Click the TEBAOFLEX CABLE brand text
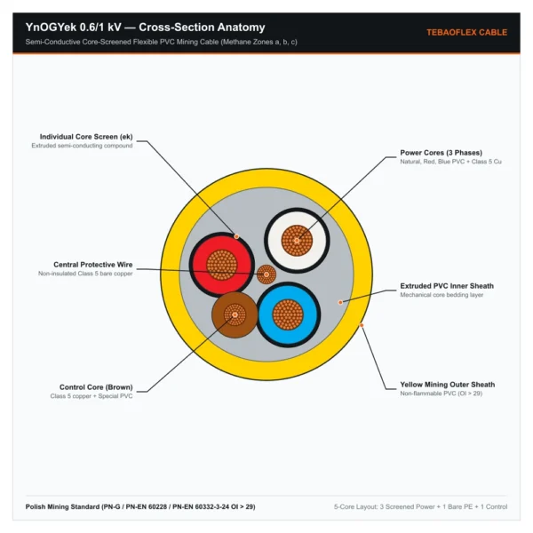pyautogui.click(x=466, y=32)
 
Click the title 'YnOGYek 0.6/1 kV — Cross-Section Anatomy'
pyautogui.click(x=145, y=28)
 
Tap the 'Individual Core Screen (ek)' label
pyautogui.click(x=86, y=137)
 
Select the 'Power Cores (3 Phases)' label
pyautogui.click(x=441, y=153)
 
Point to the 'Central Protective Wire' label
pyautogui.click(x=92, y=265)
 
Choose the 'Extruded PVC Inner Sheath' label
pyautogui.click(x=447, y=286)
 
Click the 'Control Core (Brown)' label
pyautogui.click(x=96, y=387)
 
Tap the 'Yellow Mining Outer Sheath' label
pyautogui.click(x=448, y=385)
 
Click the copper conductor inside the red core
pyautogui.click(x=221, y=265)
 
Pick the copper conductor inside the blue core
pyautogui.click(x=288, y=314)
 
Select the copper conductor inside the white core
pyautogui.click(x=297, y=241)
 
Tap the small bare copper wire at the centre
pyautogui.click(x=266, y=274)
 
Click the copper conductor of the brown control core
pyautogui.click(x=235, y=314)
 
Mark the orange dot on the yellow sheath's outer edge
pyautogui.click(x=362, y=325)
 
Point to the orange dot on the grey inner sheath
pyautogui.click(x=340, y=302)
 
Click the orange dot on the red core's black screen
pyautogui.click(x=236, y=236)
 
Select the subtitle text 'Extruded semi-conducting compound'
pyautogui.click(x=82, y=146)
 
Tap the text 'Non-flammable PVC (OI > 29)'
pyautogui.click(x=442, y=394)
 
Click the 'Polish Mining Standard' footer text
pyautogui.click(x=140, y=506)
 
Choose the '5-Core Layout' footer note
pyautogui.click(x=420, y=506)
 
